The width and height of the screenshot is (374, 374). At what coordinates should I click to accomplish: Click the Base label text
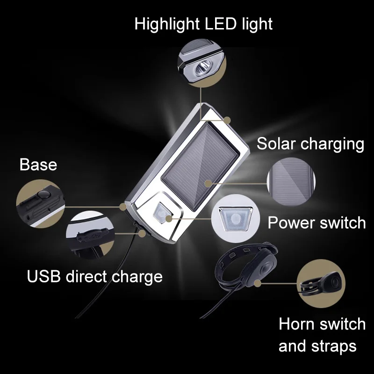[38, 165]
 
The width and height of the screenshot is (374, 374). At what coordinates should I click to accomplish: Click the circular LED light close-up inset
[200, 63]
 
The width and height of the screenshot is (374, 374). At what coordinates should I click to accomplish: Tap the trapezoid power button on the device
[161, 215]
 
